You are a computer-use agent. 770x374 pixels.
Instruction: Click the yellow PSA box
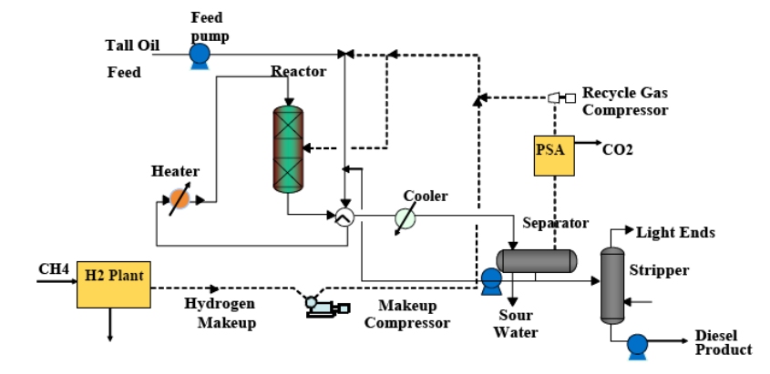click(x=555, y=156)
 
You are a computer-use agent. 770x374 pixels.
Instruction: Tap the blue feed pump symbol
click(x=199, y=56)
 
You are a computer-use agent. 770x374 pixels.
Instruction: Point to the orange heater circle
click(x=180, y=197)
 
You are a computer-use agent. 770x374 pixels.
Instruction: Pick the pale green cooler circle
click(x=405, y=218)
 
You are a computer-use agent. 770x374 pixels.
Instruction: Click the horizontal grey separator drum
click(x=536, y=260)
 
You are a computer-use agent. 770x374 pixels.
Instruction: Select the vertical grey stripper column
click(x=611, y=283)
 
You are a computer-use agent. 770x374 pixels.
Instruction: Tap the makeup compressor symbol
click(x=323, y=308)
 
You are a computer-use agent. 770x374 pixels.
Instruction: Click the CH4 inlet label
click(x=54, y=268)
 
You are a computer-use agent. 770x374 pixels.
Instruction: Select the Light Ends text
click(x=675, y=233)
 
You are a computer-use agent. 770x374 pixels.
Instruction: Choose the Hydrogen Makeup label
click(x=220, y=312)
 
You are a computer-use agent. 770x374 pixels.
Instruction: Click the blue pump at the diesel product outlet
click(x=636, y=344)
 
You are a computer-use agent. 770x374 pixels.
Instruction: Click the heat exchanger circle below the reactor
click(x=344, y=216)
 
